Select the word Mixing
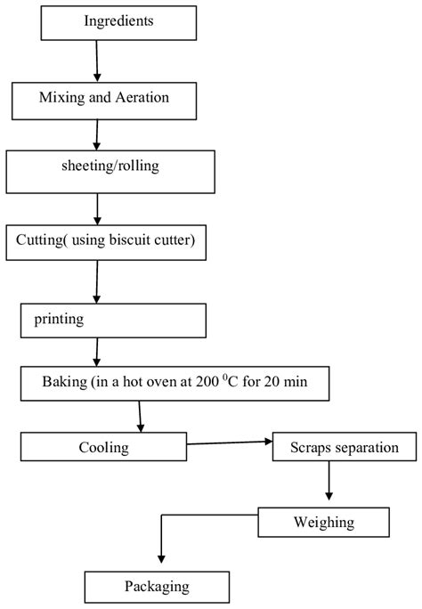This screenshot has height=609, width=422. (x=61, y=97)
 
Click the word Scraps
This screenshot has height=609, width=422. (x=311, y=447)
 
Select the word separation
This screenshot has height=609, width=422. (x=367, y=447)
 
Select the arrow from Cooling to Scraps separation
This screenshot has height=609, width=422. (x=229, y=442)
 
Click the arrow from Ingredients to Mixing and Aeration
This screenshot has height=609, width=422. (x=95, y=61)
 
